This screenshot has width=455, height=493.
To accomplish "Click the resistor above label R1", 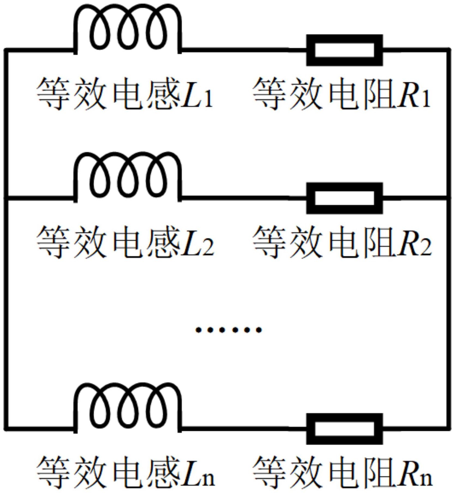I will coord(344,50).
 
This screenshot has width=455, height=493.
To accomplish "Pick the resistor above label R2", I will coord(344,198).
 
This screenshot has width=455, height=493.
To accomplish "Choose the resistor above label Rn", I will coord(344,429).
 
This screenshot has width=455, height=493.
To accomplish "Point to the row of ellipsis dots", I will coord(228,330).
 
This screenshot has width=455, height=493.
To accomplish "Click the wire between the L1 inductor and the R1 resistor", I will coord(243,50).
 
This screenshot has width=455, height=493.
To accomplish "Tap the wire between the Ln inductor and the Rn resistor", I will coord(243,428).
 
